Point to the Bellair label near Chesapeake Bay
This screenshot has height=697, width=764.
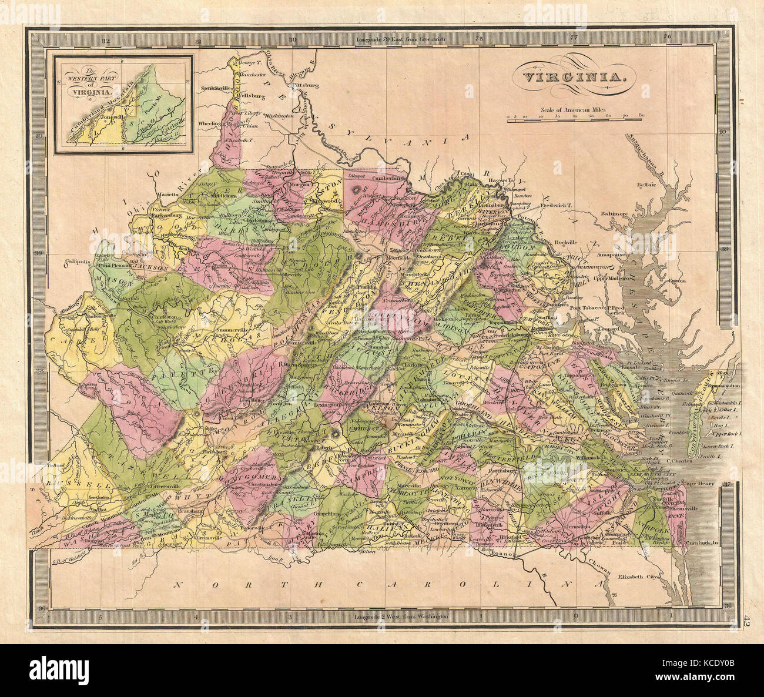click(x=646, y=185)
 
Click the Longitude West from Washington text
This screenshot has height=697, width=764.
click(x=402, y=616)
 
